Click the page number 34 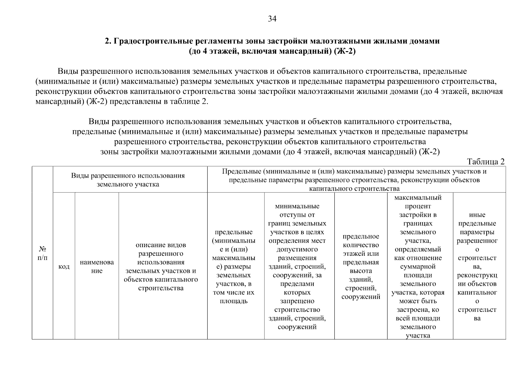[272, 19]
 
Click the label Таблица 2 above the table [486, 162]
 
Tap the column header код [64, 267]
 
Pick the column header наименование [97, 266]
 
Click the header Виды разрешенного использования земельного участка [128, 180]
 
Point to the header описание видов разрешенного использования [161, 267]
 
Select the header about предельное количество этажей [360, 267]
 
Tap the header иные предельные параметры [477, 267]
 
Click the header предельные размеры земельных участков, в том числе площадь [233, 267]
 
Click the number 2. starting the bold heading [108, 41]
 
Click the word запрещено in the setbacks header [297, 301]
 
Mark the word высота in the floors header [360, 271]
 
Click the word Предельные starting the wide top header [241, 171]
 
